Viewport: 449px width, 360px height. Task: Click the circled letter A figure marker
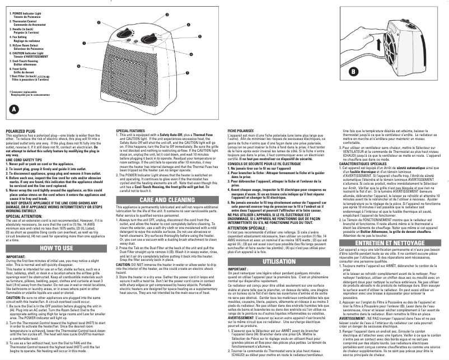pyautogui.click(x=14, y=110)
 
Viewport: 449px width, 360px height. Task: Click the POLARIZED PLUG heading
pyautogui.click(x=19, y=131)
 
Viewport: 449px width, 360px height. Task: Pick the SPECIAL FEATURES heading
pyautogui.click(x=132, y=130)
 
